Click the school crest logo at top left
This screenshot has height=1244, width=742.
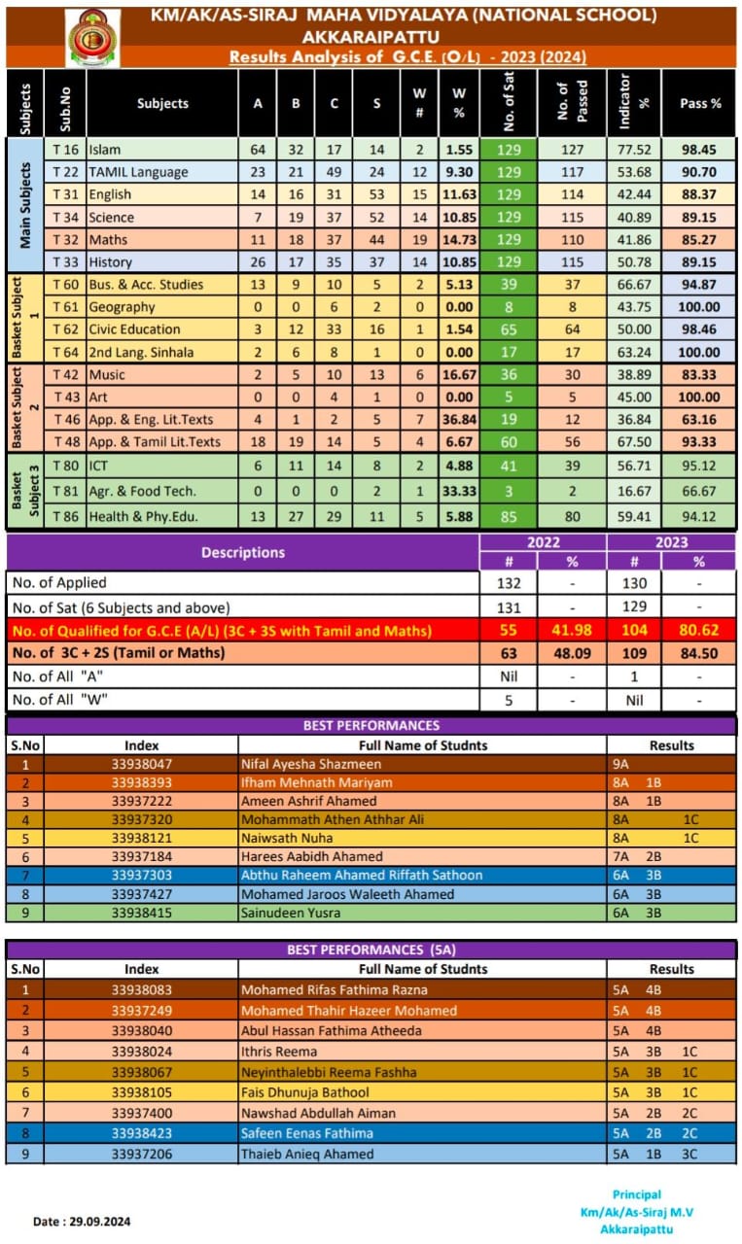click(x=93, y=37)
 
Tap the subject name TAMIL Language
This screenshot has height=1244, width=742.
click(x=138, y=172)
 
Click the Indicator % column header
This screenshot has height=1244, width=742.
click(x=633, y=103)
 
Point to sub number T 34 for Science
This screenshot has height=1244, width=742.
click(x=66, y=217)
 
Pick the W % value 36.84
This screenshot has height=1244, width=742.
click(x=459, y=419)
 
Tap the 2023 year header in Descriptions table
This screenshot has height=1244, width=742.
click(x=671, y=542)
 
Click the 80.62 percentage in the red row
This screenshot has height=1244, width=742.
click(x=699, y=631)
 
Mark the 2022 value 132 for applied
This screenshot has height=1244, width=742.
click(x=508, y=583)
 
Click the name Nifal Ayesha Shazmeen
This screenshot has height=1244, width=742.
click(x=304, y=765)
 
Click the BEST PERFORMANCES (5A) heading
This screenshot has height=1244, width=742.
click(x=371, y=950)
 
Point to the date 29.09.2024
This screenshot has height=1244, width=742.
click(x=83, y=1222)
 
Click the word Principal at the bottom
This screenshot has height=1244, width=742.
click(x=637, y=1194)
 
